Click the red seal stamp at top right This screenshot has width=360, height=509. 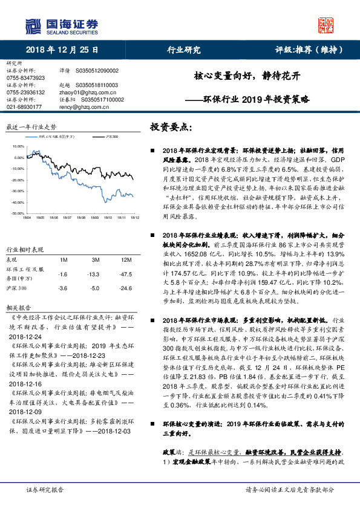pyautogui.click(x=327, y=25)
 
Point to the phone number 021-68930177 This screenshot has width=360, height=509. pyautogui.click(x=24, y=106)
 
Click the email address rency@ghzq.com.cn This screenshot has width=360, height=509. pyautogui.click(x=79, y=106)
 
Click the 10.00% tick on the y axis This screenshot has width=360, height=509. pyautogui.click(x=17, y=146)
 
